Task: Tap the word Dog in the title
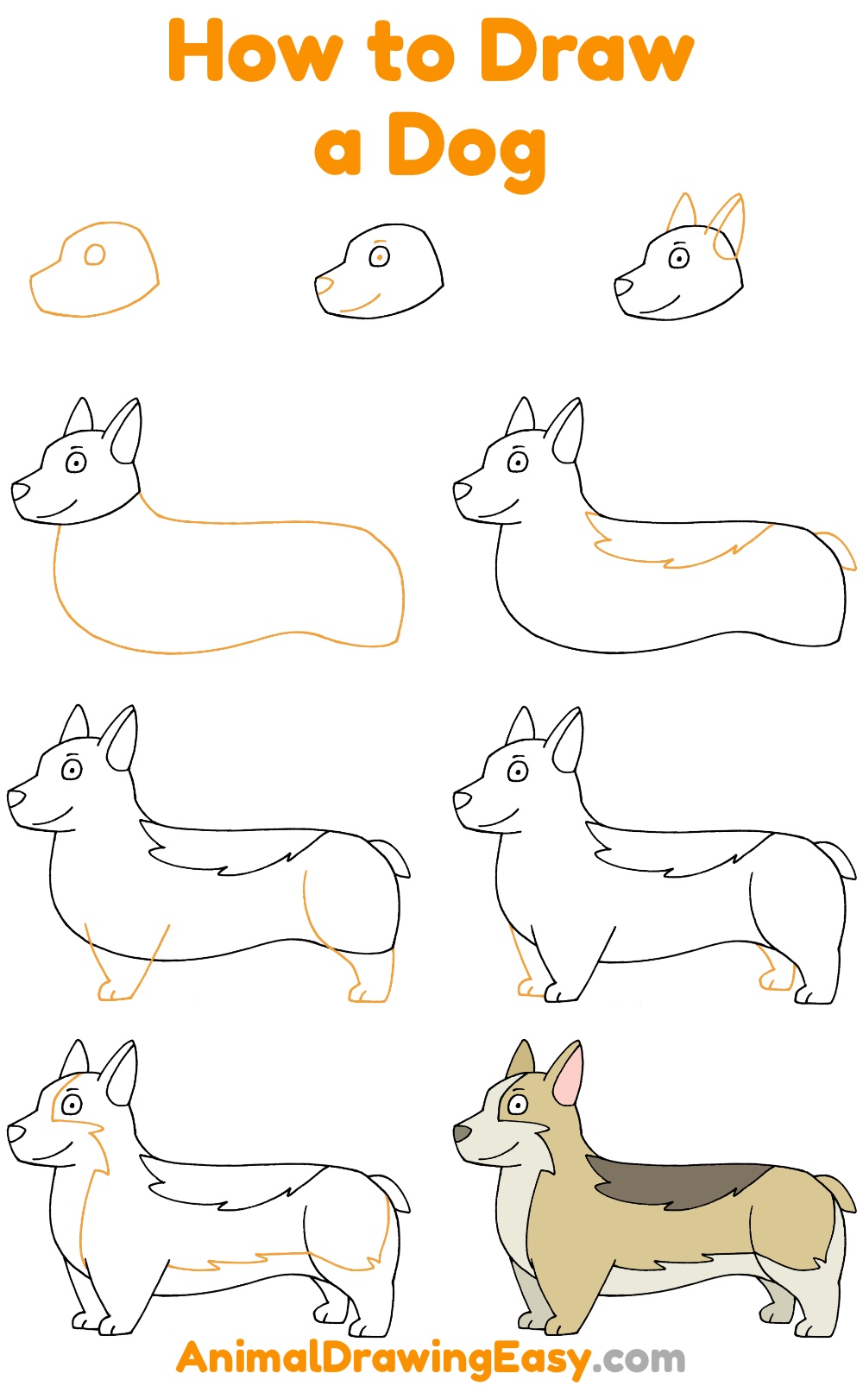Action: click(x=466, y=148)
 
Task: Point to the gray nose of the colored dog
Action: click(x=463, y=1132)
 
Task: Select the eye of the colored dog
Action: click(x=518, y=1105)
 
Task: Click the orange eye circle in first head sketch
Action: click(x=94, y=255)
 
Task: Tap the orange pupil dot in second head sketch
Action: click(x=380, y=257)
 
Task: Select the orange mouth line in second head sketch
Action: click(x=362, y=306)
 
